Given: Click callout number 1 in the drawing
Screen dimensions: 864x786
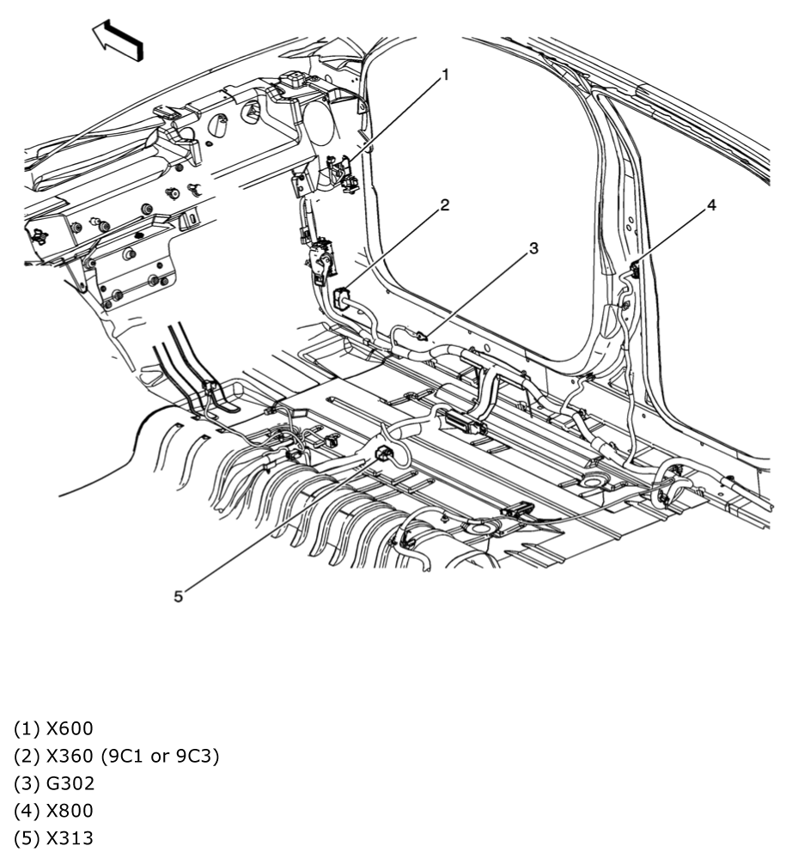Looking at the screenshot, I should tap(445, 76).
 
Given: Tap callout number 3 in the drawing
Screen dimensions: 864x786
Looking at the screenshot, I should tap(533, 248).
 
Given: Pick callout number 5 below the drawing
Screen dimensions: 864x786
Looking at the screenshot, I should tap(178, 596).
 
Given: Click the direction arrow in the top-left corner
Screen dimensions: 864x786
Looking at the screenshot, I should tap(118, 39).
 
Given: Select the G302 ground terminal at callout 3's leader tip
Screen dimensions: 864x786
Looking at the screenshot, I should tap(420, 336).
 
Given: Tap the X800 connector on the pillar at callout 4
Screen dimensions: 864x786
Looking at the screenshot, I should tap(635, 271).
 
